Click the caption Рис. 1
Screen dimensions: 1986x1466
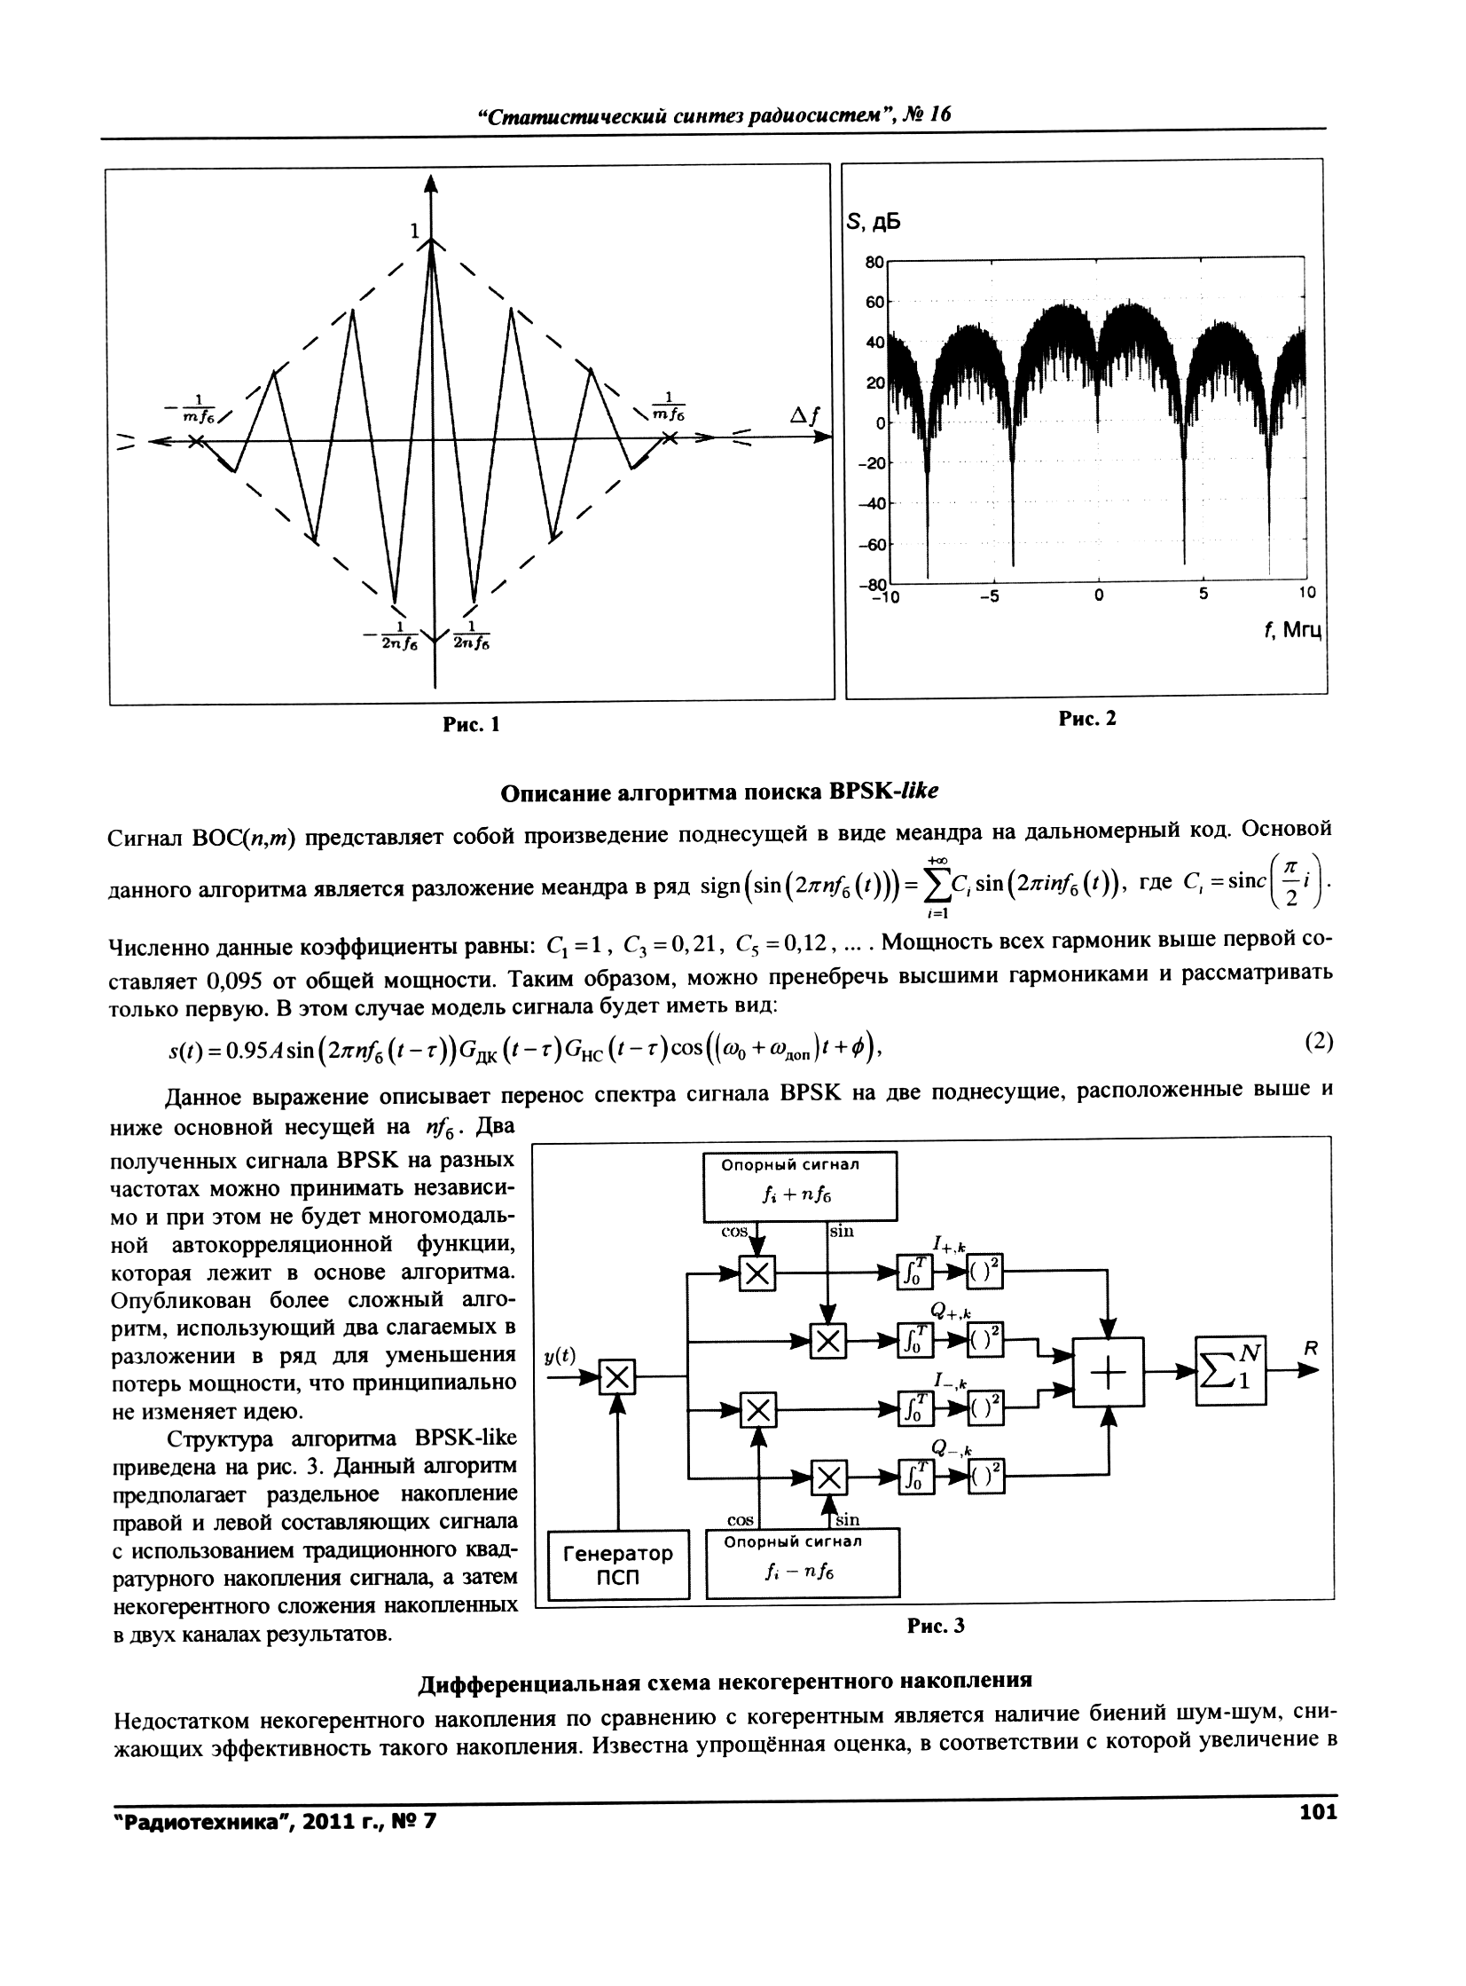pyautogui.click(x=471, y=724)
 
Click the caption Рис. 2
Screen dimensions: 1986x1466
pyautogui.click(x=1086, y=718)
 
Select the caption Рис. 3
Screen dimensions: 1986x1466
pyautogui.click(x=936, y=1626)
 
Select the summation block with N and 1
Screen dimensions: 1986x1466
pyautogui.click(x=1230, y=1371)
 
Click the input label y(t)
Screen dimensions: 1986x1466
pyautogui.click(x=560, y=1355)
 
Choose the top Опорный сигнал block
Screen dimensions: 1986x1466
pyautogui.click(x=800, y=1186)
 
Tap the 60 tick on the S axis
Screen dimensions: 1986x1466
pyautogui.click(x=875, y=302)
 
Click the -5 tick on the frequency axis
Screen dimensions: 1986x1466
pyautogui.click(x=990, y=595)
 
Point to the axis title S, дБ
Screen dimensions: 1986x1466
pyautogui.click(x=874, y=222)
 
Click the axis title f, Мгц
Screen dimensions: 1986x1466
pyautogui.click(x=1291, y=630)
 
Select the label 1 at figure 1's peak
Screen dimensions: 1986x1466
pyautogui.click(x=413, y=231)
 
